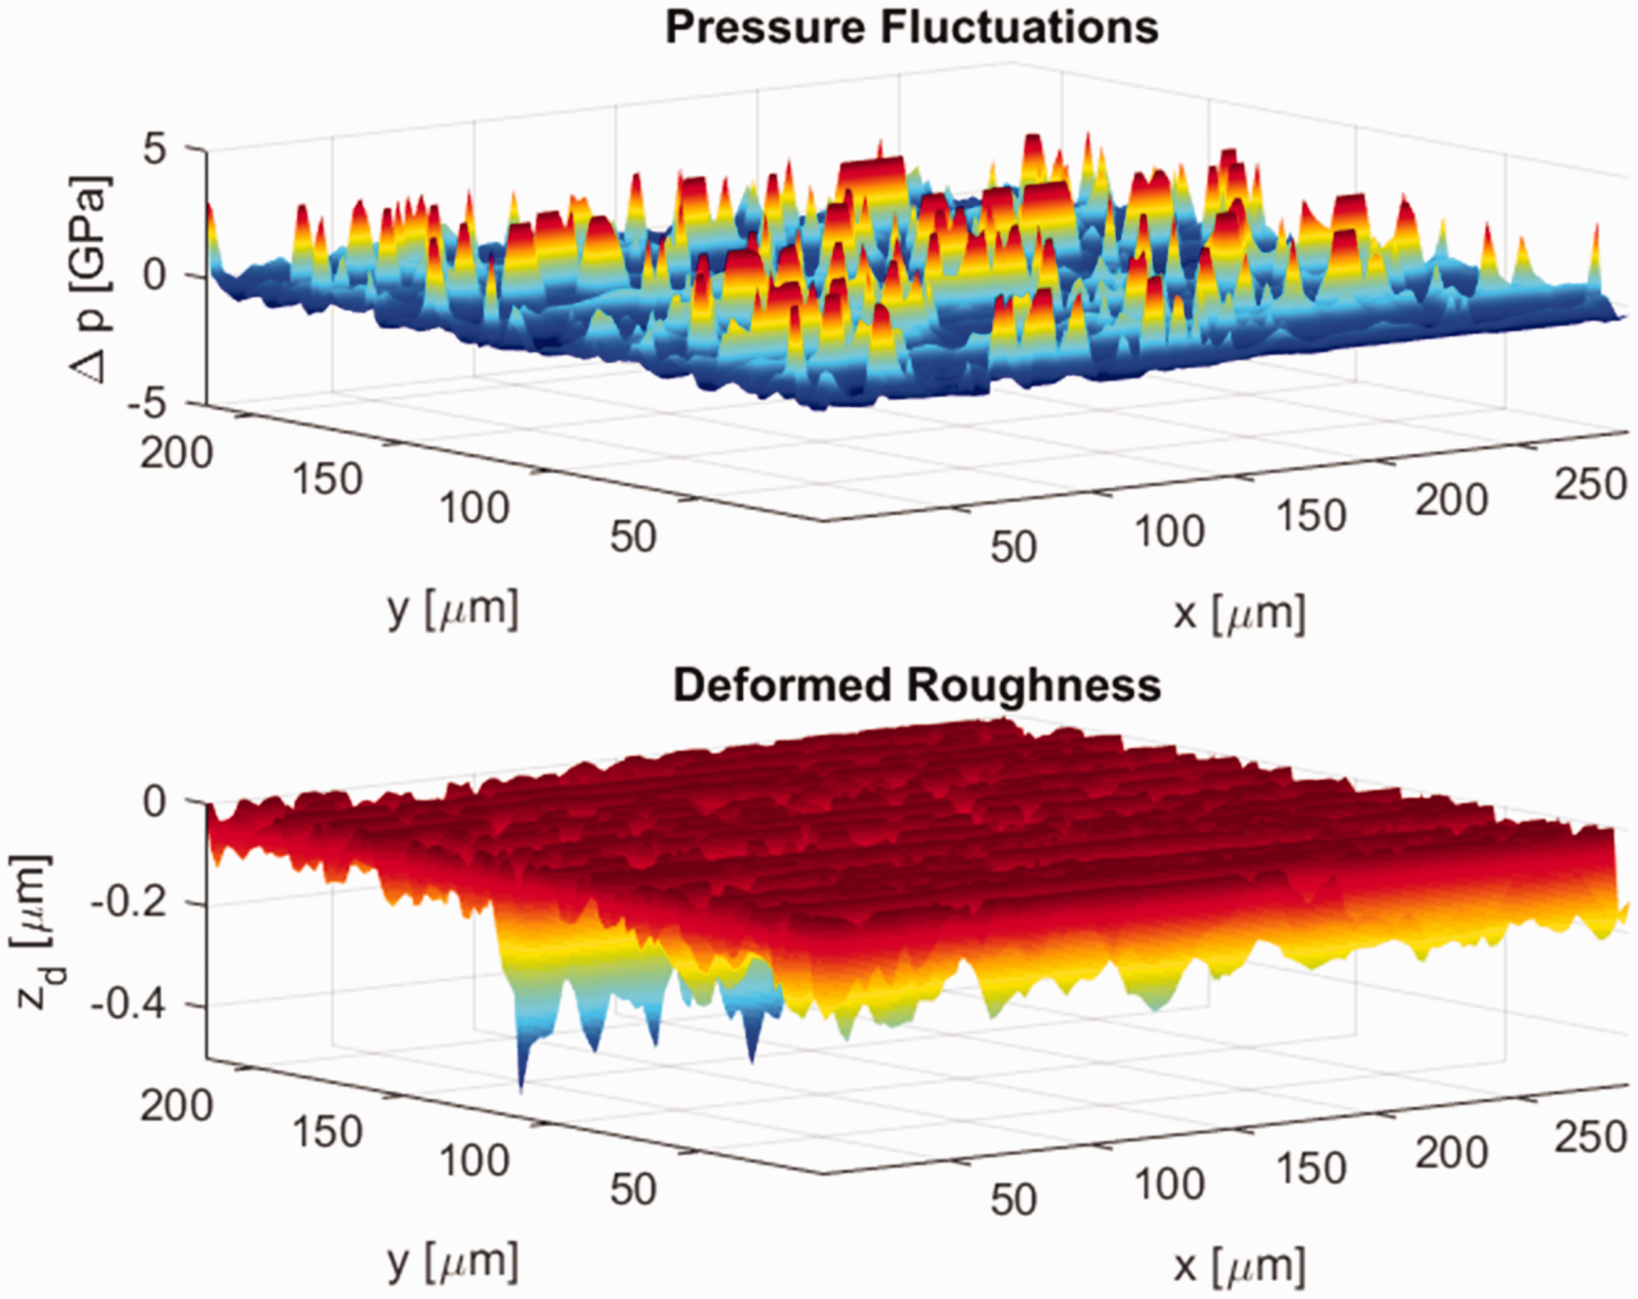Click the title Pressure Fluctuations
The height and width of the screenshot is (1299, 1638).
(912, 28)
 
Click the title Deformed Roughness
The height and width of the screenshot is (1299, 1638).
(917, 686)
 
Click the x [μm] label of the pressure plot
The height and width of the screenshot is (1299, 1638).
(1239, 613)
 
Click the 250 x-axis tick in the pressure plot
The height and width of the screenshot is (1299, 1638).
(1590, 484)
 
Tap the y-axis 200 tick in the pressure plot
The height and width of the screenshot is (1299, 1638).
(176, 454)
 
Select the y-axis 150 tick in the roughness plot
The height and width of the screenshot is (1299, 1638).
(327, 1132)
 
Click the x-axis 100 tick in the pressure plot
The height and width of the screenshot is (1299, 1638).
(1170, 532)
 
